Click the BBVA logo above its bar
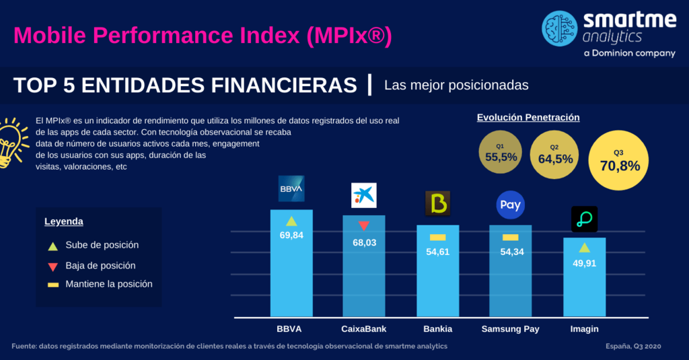(291, 188)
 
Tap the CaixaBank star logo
(364, 195)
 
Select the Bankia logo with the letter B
(437, 203)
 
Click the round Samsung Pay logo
(511, 205)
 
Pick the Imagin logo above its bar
(585, 219)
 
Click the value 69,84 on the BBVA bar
(291, 235)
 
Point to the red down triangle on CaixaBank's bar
(364, 226)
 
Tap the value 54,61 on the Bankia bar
(437, 252)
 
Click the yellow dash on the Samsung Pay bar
(510, 238)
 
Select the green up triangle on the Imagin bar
(585, 248)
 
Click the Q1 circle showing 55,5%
(501, 152)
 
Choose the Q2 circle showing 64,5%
(554, 155)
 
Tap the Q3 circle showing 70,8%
(618, 160)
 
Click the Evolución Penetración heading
(528, 117)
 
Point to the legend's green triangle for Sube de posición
(52, 246)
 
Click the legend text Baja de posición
(101, 266)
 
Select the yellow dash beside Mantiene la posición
(53, 285)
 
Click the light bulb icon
(13, 143)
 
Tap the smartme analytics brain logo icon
(559, 28)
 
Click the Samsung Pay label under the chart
(510, 329)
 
